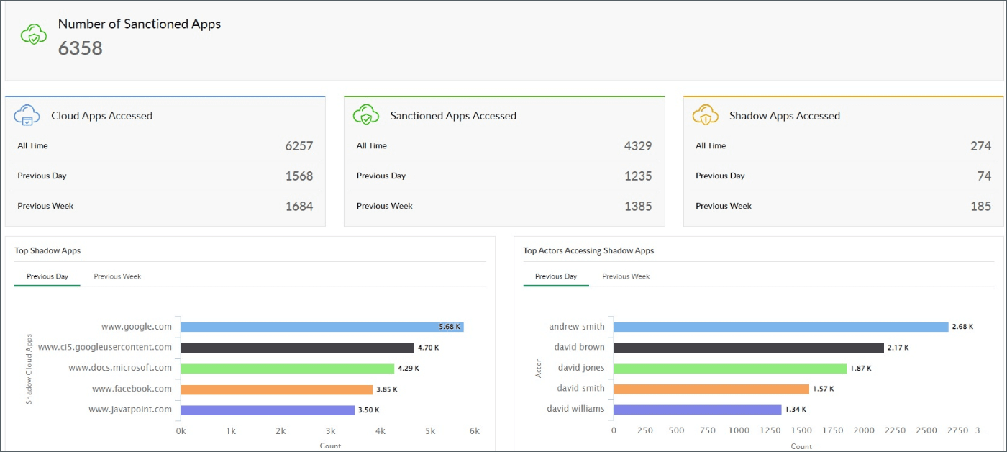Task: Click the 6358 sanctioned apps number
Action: point(81,48)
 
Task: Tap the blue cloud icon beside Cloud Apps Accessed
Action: point(27,115)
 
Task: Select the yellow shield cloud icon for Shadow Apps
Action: point(706,115)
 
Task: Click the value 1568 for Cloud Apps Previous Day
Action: point(299,176)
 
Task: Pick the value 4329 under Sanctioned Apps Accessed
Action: point(637,146)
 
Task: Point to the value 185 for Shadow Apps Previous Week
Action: point(980,207)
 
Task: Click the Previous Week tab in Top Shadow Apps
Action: point(117,276)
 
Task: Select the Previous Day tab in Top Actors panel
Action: point(556,276)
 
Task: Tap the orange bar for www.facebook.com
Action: point(276,389)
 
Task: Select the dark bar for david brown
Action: point(748,348)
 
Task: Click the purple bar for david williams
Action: point(697,410)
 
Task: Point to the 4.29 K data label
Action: point(408,369)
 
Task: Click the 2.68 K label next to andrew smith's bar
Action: point(962,327)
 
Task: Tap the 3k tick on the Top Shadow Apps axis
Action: point(330,430)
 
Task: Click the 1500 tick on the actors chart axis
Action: point(801,430)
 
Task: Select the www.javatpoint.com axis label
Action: point(130,410)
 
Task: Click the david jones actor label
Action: point(581,368)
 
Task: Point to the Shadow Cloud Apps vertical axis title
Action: point(29,369)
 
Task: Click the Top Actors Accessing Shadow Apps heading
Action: point(588,250)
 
